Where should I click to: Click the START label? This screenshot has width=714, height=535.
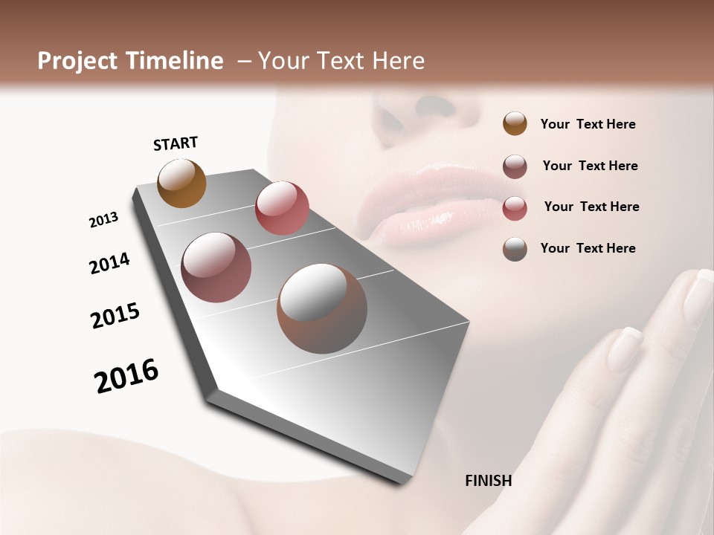(x=176, y=143)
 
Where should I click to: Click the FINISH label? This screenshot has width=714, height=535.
(x=488, y=481)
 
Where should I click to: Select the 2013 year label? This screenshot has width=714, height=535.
(x=103, y=220)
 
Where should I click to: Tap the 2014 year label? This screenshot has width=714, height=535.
(x=109, y=263)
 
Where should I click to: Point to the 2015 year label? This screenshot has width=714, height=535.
(x=115, y=316)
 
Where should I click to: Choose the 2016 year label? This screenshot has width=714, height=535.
(x=126, y=375)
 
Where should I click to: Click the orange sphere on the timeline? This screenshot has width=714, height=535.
(x=181, y=183)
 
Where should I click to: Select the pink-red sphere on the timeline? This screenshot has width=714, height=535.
(x=282, y=208)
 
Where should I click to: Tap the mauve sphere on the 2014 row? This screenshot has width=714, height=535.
(x=216, y=267)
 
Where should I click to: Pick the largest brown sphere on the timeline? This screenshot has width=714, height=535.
(x=322, y=308)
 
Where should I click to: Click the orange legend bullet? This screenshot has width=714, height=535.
(x=515, y=123)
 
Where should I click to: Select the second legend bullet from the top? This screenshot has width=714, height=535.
(x=515, y=166)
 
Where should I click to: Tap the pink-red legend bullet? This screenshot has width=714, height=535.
(x=515, y=208)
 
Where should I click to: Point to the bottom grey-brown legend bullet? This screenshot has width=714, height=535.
(x=515, y=249)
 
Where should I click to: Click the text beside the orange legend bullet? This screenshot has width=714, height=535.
(x=588, y=125)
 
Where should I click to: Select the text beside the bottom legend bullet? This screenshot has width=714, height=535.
(x=588, y=248)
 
